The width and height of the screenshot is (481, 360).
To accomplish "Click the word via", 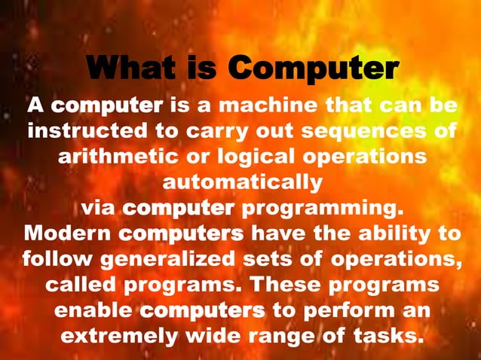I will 97,207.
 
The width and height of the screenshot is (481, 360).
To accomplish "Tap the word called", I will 81,285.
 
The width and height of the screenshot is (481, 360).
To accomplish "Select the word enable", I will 93,310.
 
